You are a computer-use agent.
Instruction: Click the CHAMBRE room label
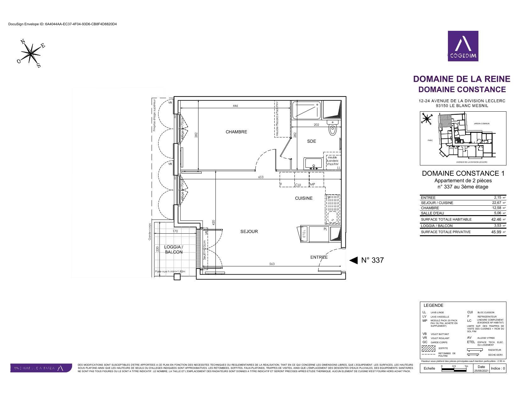point(236,132)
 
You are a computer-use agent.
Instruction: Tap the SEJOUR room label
point(249,231)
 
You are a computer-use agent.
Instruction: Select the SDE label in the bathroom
point(311,141)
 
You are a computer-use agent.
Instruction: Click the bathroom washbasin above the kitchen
point(313,164)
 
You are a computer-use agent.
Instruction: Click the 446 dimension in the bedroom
point(235,106)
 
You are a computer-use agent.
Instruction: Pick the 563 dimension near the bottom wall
point(272,264)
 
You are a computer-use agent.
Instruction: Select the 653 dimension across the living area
point(261,177)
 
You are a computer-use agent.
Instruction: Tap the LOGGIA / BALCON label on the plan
point(173,249)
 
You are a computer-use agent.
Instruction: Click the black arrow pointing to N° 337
point(354,260)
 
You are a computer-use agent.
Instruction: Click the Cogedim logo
point(463,46)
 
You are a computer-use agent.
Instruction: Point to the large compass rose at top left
point(31,53)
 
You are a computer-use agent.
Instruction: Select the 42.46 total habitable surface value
point(496,220)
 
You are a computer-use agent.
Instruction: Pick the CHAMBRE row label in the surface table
point(430,208)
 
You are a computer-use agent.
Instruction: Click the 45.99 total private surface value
point(496,232)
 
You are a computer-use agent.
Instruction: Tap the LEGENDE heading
point(433,305)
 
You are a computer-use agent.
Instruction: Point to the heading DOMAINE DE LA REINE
point(461,79)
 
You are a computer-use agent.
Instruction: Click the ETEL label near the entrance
point(304,234)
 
